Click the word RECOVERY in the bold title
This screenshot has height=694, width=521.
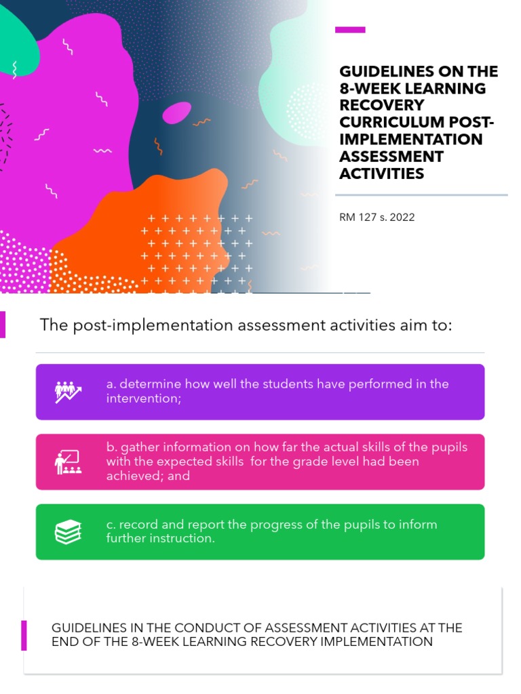coord(381,106)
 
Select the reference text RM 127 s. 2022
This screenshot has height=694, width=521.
coord(377,218)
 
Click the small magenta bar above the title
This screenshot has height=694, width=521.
coord(351,30)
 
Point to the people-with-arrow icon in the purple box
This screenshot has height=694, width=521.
coord(68,392)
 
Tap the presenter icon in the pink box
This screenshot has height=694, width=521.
coord(68,462)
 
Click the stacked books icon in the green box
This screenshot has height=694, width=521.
coord(68,532)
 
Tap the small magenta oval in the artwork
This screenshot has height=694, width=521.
coord(176,113)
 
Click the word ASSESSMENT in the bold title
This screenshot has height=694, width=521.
coord(391,157)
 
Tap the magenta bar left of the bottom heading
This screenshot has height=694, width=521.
coord(24,635)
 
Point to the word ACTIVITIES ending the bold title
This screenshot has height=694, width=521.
coord(381,173)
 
